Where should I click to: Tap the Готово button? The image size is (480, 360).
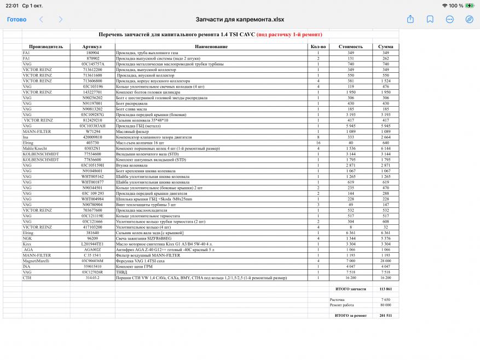[16, 19]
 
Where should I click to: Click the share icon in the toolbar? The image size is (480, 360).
[410, 19]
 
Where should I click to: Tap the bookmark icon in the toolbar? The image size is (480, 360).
[430, 19]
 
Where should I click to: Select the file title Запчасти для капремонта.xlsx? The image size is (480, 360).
[240, 19]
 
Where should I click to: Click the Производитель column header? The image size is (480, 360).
[46, 47]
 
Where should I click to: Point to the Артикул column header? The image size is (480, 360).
[92, 47]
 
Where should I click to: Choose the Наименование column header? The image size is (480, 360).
[211, 47]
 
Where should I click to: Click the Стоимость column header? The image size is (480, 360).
[350, 47]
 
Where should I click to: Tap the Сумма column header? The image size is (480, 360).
[385, 47]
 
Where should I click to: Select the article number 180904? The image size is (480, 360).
[92, 53]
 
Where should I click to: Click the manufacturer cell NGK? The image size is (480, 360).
[27, 239]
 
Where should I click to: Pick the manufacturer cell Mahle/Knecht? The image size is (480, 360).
[36, 148]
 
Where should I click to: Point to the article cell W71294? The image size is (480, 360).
[92, 131]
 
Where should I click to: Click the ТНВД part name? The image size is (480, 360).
[122, 272]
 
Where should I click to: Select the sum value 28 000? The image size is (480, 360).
[385, 261]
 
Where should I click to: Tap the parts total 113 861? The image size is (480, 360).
[385, 289]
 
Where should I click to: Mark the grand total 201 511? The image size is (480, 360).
[385, 316]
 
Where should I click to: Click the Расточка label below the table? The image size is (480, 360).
[338, 300]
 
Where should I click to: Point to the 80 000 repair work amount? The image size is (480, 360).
[385, 305]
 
